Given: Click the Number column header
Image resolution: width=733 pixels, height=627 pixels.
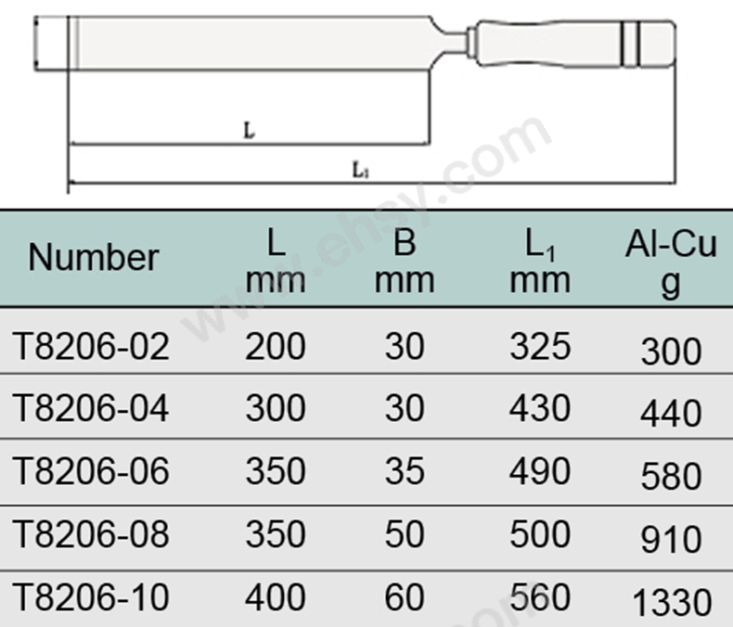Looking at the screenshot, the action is pos(94,258).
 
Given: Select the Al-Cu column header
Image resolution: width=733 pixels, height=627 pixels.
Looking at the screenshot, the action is pos(671,263).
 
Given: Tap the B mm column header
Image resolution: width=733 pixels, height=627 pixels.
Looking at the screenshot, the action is pos(405,262).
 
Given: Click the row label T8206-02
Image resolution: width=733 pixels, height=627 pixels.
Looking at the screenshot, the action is pos(91,346).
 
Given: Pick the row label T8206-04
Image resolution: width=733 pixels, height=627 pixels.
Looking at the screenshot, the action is pos(91,408).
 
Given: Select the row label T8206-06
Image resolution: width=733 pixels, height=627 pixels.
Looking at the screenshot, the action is pos(91,470).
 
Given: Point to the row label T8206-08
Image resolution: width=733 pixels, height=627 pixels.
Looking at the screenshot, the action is pos(91,533).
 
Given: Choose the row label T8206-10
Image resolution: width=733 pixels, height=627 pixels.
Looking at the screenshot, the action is pos(91,596).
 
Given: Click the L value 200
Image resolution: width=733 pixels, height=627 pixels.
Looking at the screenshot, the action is pos(276,346).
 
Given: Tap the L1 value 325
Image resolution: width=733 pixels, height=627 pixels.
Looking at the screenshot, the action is pos(540,346).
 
